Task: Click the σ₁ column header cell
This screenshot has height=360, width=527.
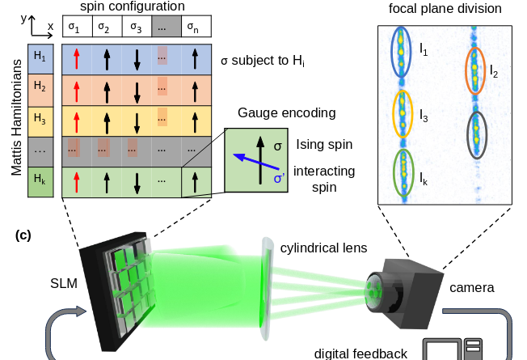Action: click(75, 27)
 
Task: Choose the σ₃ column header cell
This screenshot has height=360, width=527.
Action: click(136, 27)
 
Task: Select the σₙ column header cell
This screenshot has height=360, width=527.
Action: click(196, 27)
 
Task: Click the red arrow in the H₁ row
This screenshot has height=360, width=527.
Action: click(75, 58)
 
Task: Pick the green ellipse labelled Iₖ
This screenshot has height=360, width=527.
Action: click(403, 172)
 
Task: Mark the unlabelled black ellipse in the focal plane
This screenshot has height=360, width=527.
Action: click(477, 133)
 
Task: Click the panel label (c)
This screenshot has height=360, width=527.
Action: click(24, 235)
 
